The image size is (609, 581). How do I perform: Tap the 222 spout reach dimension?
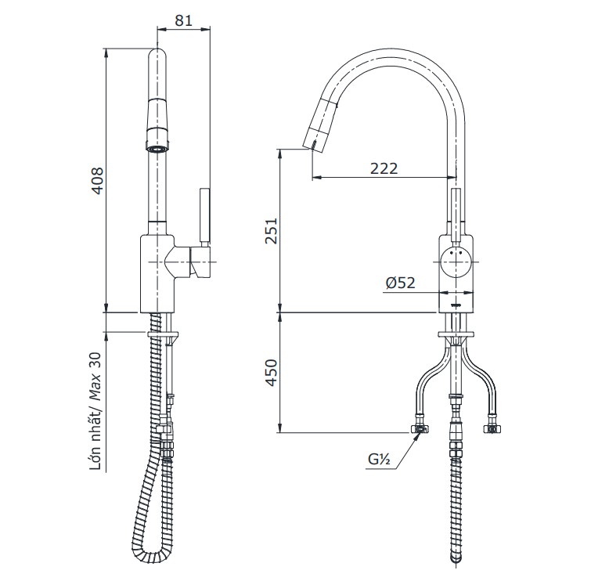(383, 168)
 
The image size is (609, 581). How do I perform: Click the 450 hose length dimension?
(271, 373)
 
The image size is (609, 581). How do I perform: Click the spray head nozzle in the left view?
(157, 146)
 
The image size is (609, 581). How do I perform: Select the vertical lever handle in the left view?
(205, 215)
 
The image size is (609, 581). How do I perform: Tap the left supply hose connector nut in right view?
(420, 429)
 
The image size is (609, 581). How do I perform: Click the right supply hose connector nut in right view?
(492, 429)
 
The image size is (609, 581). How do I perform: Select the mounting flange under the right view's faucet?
(456, 337)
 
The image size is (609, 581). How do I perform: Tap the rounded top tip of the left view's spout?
(157, 55)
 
